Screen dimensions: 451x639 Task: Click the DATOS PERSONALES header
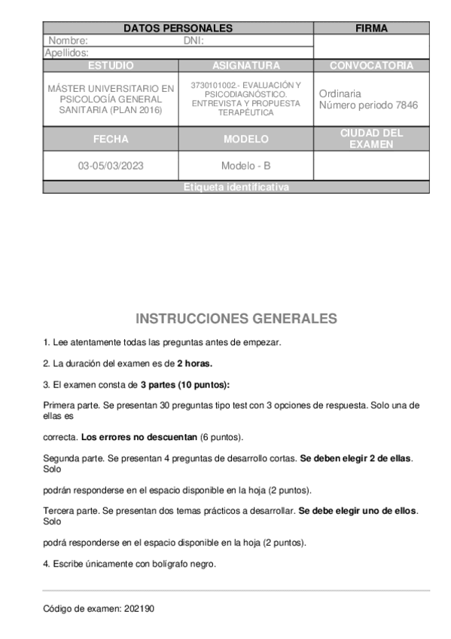178,29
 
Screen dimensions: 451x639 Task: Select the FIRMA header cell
371,29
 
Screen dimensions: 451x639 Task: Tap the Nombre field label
68,41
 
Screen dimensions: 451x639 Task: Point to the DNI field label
194,41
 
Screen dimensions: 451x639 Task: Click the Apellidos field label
67,53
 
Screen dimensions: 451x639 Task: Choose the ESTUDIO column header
111,66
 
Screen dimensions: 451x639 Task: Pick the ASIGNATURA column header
245,66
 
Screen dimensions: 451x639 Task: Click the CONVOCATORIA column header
371,66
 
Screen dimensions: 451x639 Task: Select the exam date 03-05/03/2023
111,166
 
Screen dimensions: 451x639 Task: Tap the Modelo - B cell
245,166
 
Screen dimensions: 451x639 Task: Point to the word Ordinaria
340,93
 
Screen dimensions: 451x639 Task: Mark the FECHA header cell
111,139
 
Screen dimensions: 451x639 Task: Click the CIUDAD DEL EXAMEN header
371,139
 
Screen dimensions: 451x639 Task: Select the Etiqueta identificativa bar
236,188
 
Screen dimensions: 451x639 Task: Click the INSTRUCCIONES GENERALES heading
236,319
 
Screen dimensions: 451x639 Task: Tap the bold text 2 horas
194,363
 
